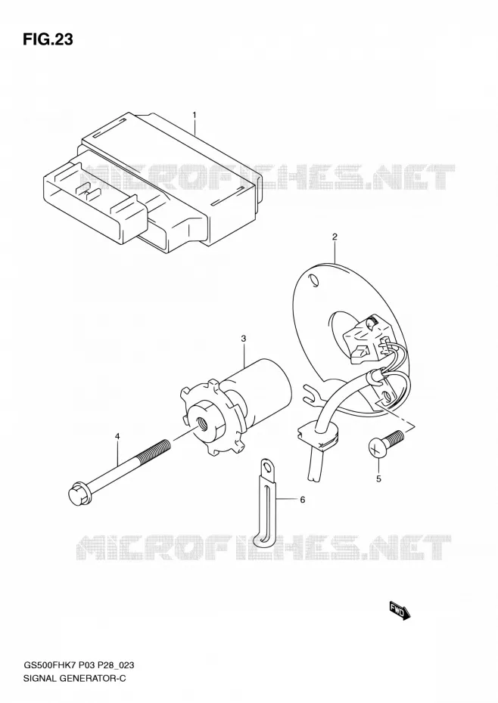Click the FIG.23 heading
click(47, 39)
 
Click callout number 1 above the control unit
click(195, 115)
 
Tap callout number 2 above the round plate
click(335, 237)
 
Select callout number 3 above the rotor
click(244, 339)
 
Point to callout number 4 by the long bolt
click(117, 436)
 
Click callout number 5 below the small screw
click(378, 478)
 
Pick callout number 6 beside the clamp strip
click(302, 500)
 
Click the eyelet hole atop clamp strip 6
click(269, 468)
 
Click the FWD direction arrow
click(400, 611)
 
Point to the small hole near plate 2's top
click(314, 280)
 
